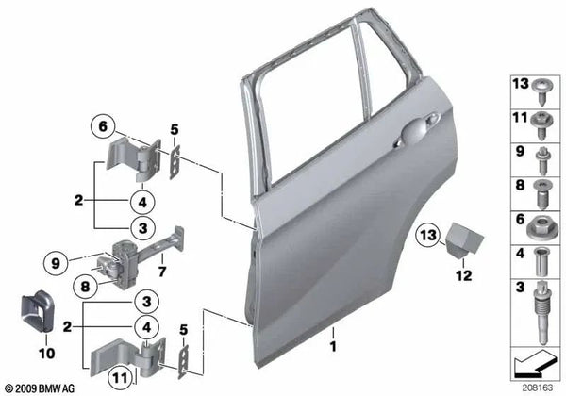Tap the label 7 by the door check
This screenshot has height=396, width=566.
(161, 272)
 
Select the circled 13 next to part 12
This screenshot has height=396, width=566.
(428, 233)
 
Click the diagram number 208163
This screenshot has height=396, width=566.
(540, 388)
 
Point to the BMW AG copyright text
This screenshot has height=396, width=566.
(45, 388)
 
